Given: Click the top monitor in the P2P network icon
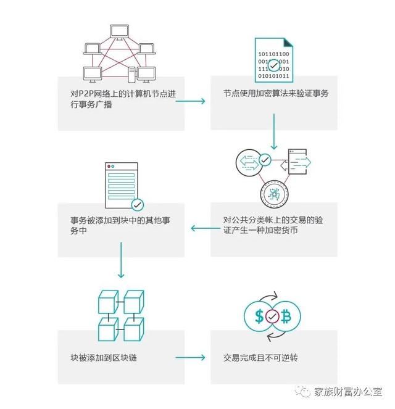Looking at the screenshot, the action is [119, 32].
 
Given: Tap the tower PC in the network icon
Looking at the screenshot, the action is [131, 75].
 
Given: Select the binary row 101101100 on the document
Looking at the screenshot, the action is [273, 54].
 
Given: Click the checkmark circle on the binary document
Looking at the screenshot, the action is [273, 65].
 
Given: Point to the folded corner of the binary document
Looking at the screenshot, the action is [288, 43].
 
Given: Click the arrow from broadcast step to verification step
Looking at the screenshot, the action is [190, 101].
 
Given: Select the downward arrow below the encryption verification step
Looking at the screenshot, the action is [273, 131].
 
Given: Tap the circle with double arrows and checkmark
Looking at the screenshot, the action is [250, 162].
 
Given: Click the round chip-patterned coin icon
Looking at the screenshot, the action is [274, 194].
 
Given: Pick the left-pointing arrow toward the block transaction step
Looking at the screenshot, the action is [206, 228].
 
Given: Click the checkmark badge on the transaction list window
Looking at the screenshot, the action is [137, 205].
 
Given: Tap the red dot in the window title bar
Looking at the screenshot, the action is [109, 166].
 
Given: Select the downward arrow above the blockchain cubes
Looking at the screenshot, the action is [121, 260].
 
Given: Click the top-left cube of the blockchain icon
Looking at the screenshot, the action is [108, 302].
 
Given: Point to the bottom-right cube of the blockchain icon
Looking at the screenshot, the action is [133, 329].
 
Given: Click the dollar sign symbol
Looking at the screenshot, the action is [259, 316].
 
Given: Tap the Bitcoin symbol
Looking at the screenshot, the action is [286, 316].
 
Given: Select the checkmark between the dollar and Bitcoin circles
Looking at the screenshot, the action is [272, 316].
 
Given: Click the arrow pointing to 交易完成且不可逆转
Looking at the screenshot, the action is [190, 357].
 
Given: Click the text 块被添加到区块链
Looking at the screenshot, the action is [104, 358].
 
